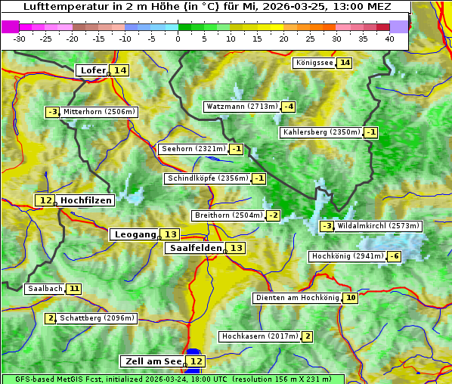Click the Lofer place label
tap(92, 70)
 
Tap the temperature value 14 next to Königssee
tap(345, 63)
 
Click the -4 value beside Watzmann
tap(289, 107)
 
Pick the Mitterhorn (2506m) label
tap(99, 112)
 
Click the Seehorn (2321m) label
tap(193, 149)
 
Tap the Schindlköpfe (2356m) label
tap(207, 178)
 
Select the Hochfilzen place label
tap(86, 200)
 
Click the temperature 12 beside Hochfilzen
tap(45, 200)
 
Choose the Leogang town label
tap(135, 234)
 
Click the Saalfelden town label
tap(195, 248)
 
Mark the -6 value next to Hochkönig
tap(394, 256)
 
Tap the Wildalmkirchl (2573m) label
tap(378, 226)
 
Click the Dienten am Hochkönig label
tap(297, 298)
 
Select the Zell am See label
tap(152, 361)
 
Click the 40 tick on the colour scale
tap(389, 39)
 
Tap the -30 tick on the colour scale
tap(20, 39)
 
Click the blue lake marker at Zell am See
tap(193, 352)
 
